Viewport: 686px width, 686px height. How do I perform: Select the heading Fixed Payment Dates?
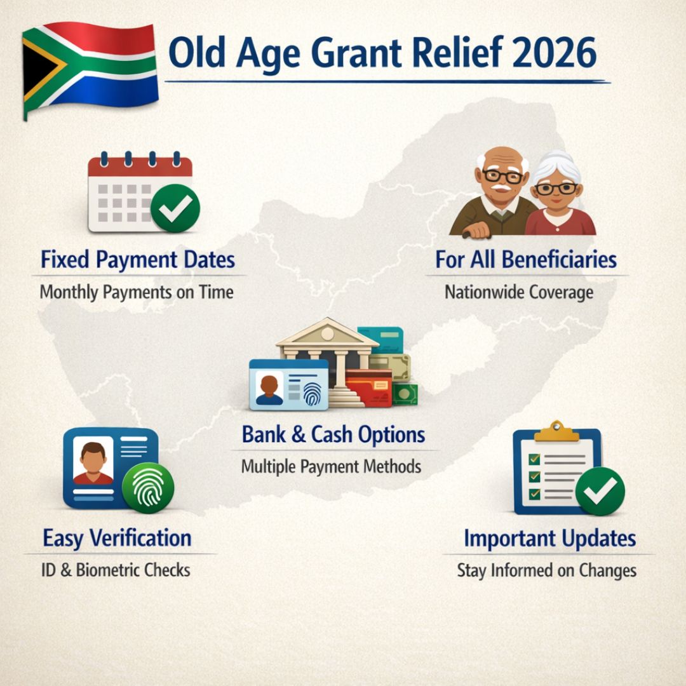coord(138,260)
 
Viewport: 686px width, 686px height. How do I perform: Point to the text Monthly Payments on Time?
coord(137,292)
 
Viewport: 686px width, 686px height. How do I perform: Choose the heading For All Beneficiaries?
coord(526,260)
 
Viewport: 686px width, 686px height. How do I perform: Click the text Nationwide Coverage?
coord(519,292)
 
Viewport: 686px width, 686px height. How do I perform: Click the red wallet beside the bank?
coord(370,387)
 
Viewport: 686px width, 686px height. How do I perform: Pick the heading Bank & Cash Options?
coord(333,435)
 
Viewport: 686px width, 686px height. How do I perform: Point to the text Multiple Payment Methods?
coord(331,467)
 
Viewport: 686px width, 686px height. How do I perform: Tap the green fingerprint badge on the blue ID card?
coord(148,487)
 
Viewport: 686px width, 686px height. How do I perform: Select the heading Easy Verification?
coord(117,538)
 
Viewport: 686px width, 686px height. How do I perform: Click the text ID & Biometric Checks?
coord(115,570)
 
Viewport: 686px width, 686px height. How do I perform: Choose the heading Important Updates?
coord(549,539)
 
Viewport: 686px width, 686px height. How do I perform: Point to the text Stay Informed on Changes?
coord(546,570)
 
